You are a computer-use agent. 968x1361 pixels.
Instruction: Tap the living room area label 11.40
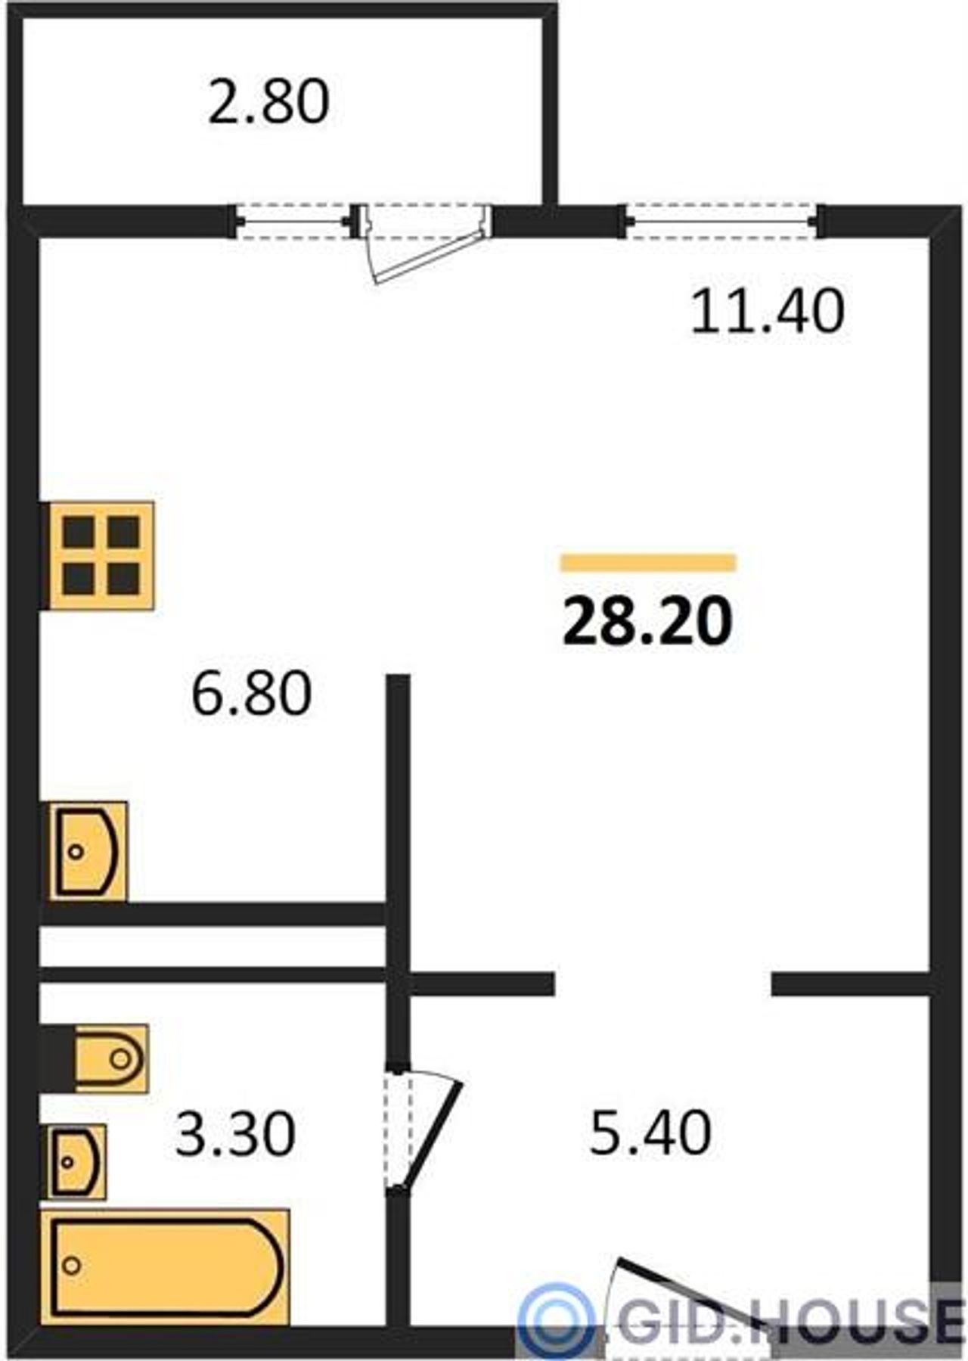point(767,312)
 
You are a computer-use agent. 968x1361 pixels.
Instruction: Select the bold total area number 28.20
point(648,621)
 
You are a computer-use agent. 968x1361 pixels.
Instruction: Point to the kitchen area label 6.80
point(251,694)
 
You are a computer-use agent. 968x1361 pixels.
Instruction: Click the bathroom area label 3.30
point(234,1133)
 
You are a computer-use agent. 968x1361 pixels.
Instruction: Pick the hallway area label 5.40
point(650,1132)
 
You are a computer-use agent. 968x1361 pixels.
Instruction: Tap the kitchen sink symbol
point(88,851)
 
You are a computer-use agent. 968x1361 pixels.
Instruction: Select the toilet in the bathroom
point(110,1058)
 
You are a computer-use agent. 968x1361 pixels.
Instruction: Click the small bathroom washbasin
point(77,1161)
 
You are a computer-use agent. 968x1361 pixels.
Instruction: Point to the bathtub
point(166,1266)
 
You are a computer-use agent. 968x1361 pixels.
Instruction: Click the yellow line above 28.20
point(648,562)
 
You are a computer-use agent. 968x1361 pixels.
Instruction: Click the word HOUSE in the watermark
point(855,1320)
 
